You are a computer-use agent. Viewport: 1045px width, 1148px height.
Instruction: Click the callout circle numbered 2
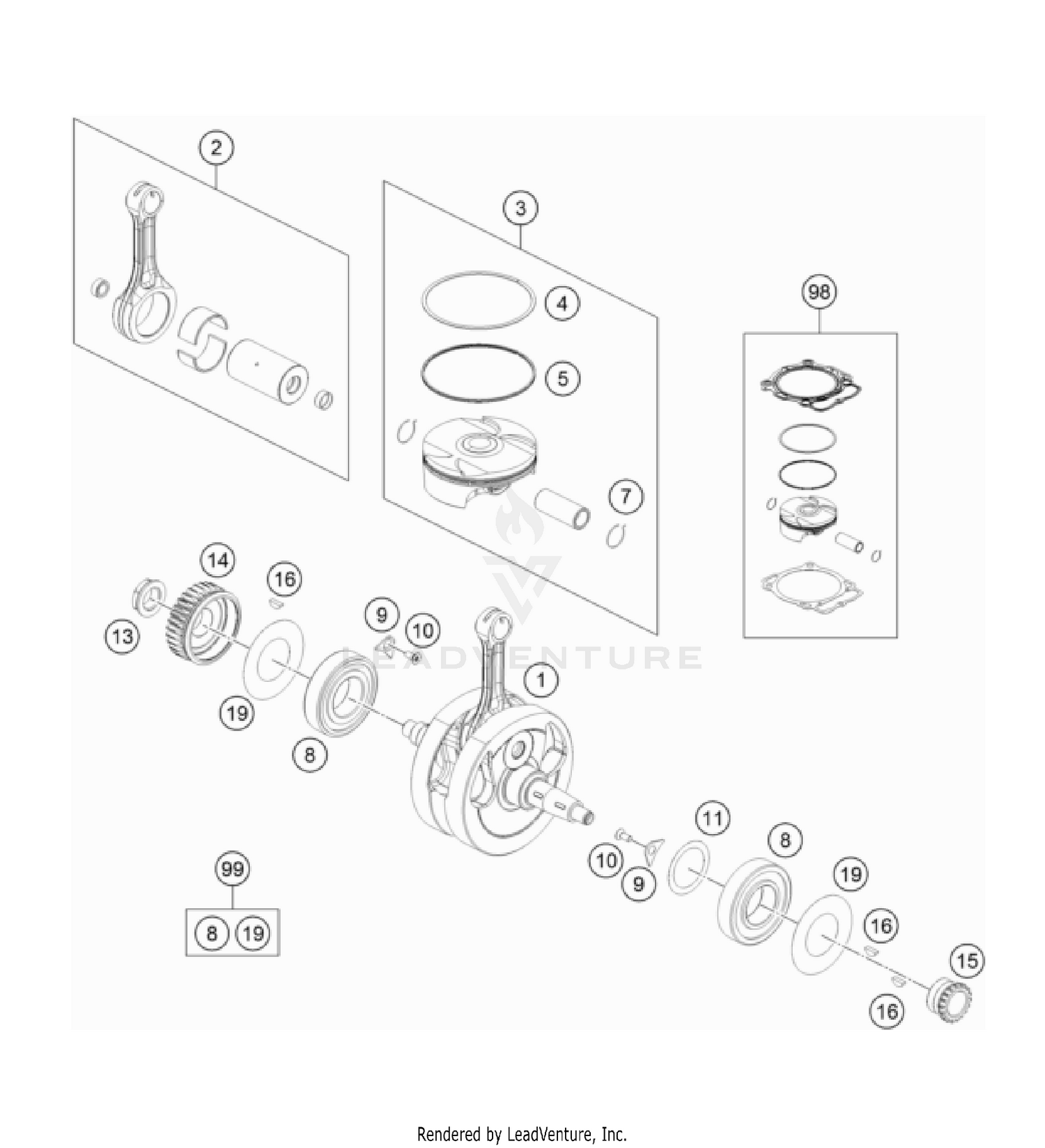[216, 148]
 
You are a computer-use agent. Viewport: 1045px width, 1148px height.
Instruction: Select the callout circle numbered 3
[521, 208]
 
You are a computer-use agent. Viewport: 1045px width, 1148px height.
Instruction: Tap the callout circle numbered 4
[562, 304]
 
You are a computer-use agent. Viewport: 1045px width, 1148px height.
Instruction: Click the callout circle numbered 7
[625, 497]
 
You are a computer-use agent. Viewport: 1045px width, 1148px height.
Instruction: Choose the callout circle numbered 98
[819, 291]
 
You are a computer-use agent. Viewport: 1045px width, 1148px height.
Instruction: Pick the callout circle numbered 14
[217, 560]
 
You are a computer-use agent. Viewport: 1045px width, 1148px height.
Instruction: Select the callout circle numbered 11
[712, 818]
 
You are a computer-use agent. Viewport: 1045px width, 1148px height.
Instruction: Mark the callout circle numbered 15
[967, 961]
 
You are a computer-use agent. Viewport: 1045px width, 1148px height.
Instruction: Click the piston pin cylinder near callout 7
[562, 509]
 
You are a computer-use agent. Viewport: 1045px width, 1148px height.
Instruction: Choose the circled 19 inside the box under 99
[253, 933]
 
